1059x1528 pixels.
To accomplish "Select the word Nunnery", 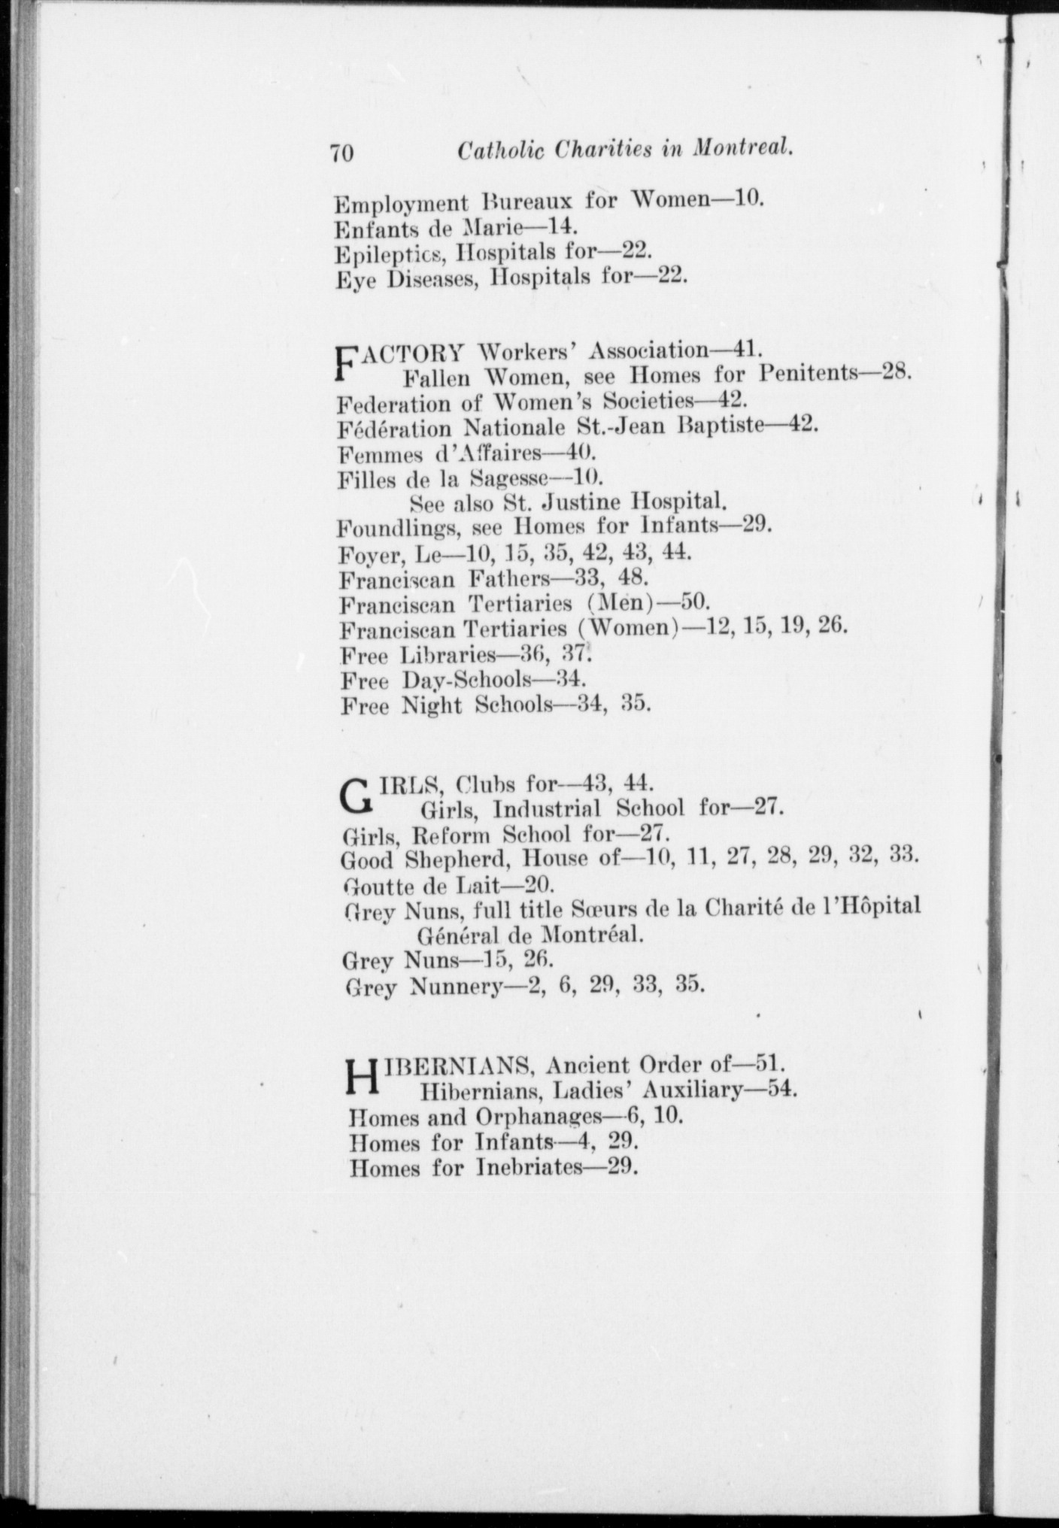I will click(x=455, y=987).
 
